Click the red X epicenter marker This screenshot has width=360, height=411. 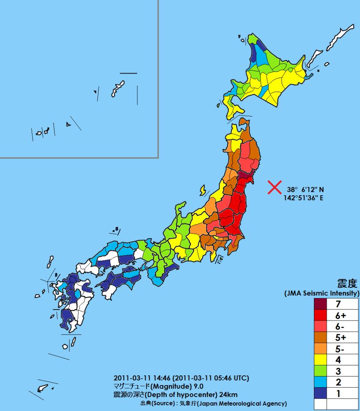coord(274,187)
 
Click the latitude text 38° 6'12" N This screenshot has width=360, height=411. coord(305,190)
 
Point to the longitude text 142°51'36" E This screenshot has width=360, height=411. coord(304,198)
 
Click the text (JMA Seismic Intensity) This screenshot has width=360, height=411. coord(322,293)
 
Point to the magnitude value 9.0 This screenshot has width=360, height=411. coord(197,386)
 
